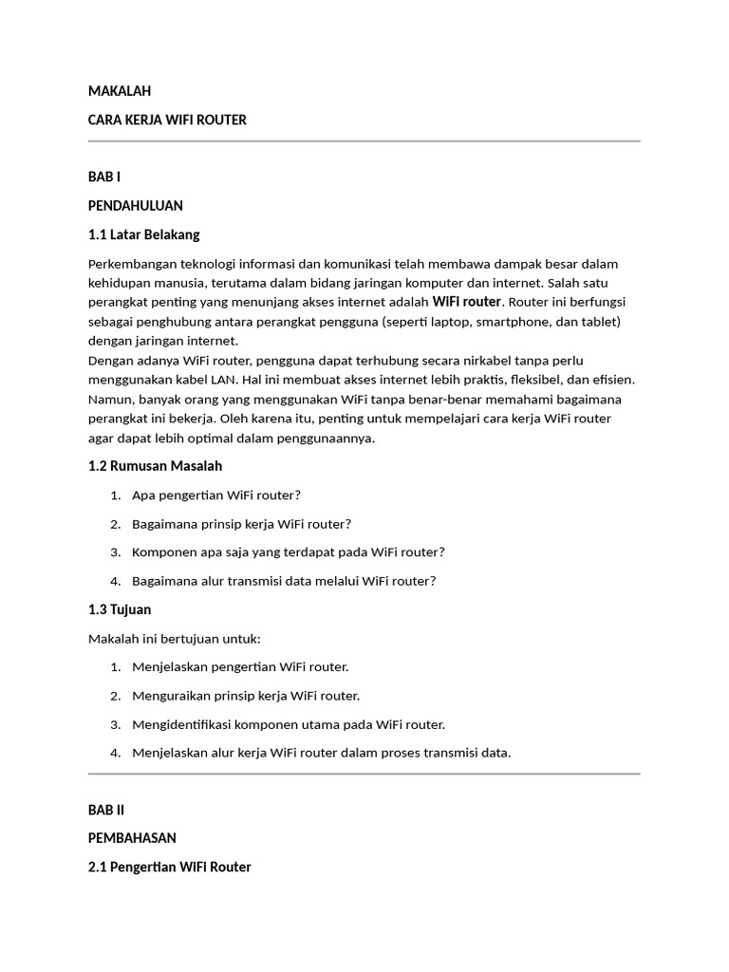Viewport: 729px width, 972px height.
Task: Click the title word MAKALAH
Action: (x=120, y=91)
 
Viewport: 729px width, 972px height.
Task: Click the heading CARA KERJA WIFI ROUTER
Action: (x=167, y=120)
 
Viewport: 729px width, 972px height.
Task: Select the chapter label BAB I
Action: (x=104, y=177)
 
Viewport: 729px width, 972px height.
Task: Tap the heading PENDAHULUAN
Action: (x=135, y=205)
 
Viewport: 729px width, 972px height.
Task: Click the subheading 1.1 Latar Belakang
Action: (x=143, y=234)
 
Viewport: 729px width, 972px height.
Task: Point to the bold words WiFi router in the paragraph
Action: (x=466, y=302)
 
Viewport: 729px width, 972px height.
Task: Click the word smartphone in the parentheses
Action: (x=514, y=322)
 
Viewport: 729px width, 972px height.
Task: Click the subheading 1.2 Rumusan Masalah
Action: (x=155, y=466)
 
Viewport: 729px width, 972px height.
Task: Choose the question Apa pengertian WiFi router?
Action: (x=216, y=495)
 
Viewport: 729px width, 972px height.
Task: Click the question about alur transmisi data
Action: (x=284, y=581)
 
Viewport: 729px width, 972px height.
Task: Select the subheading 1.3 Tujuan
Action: (x=120, y=609)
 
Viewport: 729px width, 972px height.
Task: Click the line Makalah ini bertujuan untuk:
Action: (x=174, y=638)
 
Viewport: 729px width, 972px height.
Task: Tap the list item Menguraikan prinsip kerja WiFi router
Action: (x=246, y=696)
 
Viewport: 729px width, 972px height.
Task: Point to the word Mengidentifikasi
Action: (x=188, y=724)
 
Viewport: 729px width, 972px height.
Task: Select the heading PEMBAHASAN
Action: (x=132, y=838)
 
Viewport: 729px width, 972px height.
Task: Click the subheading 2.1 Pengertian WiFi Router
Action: (x=169, y=867)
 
